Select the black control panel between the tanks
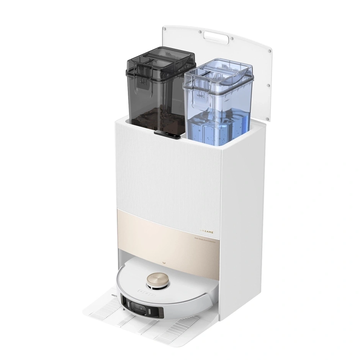[168, 134]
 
